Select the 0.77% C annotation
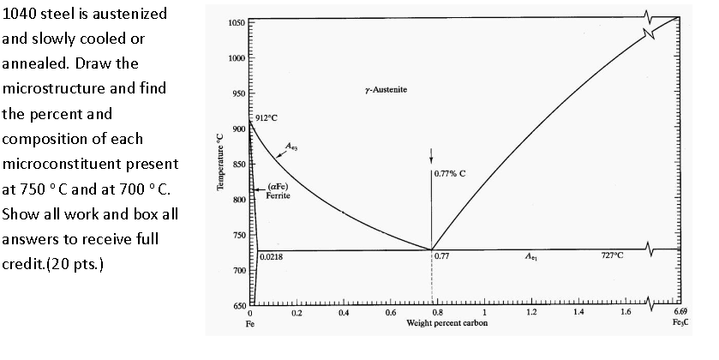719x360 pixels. [x=450, y=173]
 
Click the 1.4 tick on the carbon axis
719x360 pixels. [x=578, y=315]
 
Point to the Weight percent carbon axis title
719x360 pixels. [x=444, y=324]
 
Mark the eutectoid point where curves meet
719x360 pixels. [x=431, y=249]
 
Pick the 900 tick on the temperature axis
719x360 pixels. [x=239, y=129]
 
